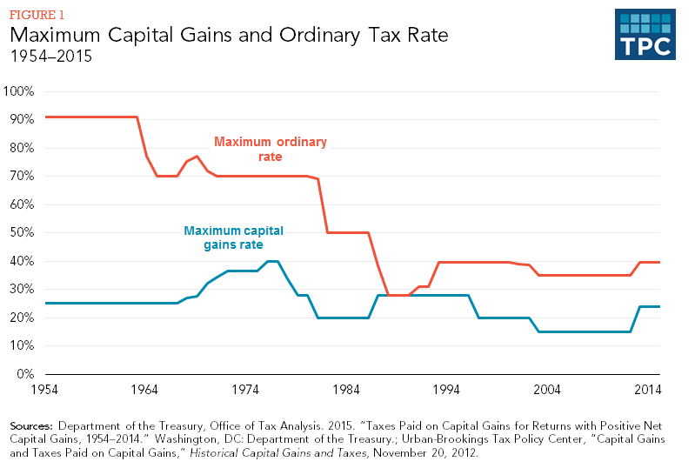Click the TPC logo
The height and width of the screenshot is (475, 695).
click(645, 35)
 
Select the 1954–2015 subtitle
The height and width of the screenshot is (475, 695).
click(50, 57)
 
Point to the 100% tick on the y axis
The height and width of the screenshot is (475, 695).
click(19, 91)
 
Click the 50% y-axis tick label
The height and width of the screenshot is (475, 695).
click(22, 233)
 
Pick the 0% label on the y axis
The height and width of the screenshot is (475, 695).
click(25, 374)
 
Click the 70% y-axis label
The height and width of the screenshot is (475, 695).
click(22, 176)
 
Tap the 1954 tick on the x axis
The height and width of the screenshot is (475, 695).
click(44, 390)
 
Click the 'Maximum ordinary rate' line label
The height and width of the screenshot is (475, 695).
click(261, 149)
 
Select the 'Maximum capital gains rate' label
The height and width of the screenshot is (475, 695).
click(234, 238)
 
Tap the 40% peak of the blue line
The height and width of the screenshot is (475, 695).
click(272, 261)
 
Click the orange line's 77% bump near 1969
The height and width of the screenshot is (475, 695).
click(197, 157)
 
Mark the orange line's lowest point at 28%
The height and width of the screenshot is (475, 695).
click(399, 295)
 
